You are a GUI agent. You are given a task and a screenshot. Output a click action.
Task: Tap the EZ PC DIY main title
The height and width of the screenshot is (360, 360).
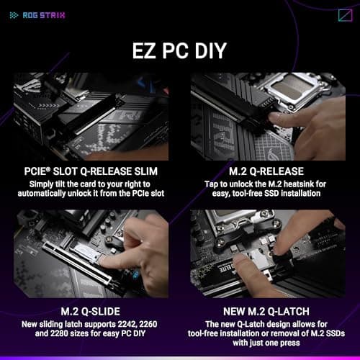click(179, 52)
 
